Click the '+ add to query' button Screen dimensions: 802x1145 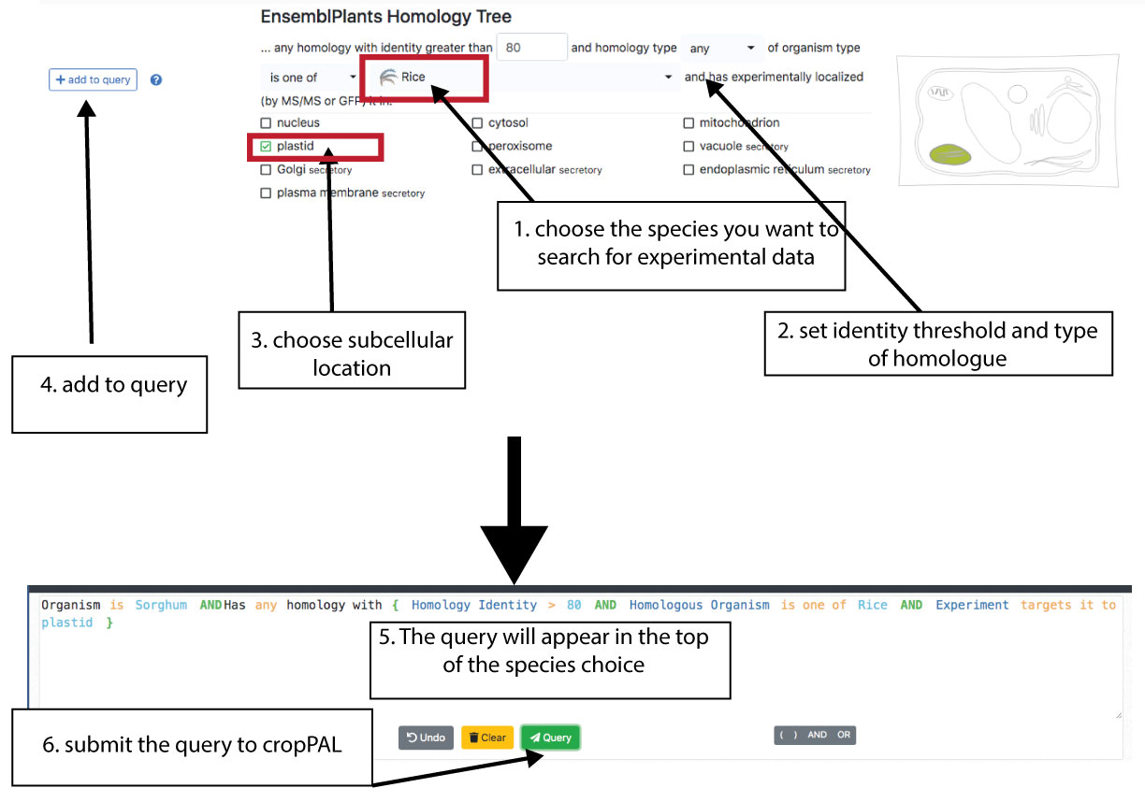click(x=93, y=80)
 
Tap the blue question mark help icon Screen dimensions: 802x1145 click(x=156, y=80)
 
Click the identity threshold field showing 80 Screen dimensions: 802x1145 click(x=531, y=47)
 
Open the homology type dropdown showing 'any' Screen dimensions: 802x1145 click(x=722, y=48)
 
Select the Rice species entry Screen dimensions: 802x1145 click(x=413, y=78)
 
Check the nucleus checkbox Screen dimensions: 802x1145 click(x=267, y=123)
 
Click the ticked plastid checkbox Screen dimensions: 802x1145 click(x=267, y=147)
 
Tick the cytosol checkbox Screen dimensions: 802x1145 click(x=478, y=123)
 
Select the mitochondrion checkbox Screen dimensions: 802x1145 click(x=689, y=123)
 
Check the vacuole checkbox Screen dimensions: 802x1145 click(x=689, y=147)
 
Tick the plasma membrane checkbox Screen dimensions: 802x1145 click(x=267, y=193)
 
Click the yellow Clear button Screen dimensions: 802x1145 click(x=486, y=738)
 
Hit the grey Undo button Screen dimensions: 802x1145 click(x=426, y=738)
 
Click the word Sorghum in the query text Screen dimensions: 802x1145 click(x=161, y=605)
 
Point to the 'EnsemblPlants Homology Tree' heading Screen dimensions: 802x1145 click(x=385, y=17)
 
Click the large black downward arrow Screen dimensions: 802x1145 click(x=515, y=523)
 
